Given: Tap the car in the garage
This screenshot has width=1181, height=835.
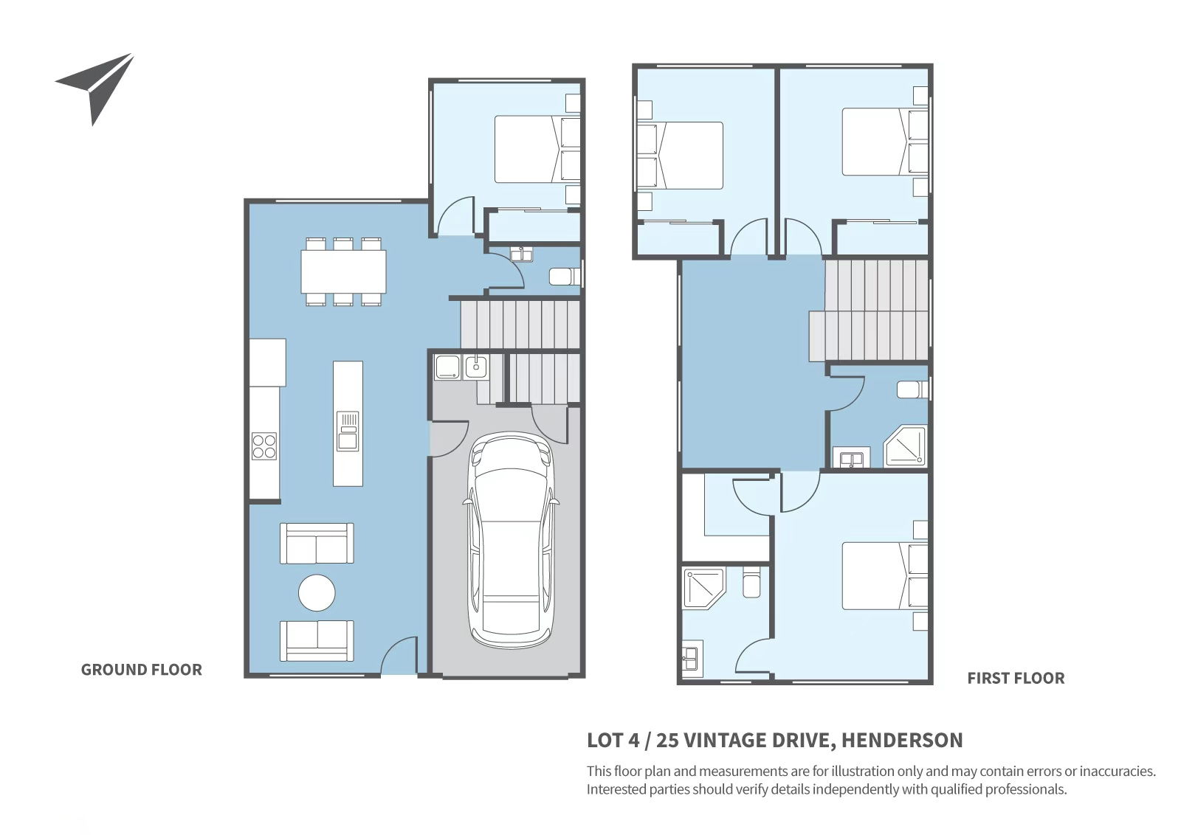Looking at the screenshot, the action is (510, 541).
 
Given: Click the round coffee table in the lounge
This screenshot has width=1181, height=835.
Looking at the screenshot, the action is (317, 592).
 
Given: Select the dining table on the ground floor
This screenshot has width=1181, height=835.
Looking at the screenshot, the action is (343, 271).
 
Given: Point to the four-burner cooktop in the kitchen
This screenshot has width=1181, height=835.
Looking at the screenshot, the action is (264, 446).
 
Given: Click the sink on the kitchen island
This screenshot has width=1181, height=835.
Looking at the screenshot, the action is (348, 431).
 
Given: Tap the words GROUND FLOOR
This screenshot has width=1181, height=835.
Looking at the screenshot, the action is (141, 670).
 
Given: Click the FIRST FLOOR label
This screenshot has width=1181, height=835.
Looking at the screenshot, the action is (1016, 678).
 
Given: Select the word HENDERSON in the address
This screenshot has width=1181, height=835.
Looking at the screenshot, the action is (902, 740).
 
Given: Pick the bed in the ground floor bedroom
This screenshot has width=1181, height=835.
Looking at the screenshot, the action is (537, 149).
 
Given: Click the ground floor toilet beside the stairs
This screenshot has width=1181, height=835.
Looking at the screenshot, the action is (565, 277).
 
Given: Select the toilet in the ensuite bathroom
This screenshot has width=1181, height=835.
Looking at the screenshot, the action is (751, 582).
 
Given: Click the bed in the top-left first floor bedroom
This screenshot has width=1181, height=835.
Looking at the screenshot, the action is (680, 156).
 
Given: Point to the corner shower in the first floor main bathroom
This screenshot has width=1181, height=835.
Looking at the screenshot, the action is (905, 446).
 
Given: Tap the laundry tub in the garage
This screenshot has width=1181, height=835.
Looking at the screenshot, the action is (476, 367).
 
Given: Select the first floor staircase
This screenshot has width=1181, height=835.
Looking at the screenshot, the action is (869, 311).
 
